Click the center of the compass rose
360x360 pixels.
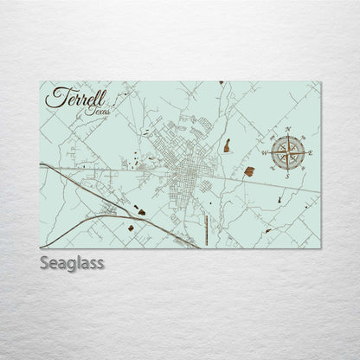286,152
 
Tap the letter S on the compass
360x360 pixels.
286,176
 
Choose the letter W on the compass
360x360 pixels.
263,153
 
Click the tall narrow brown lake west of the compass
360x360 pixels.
226,146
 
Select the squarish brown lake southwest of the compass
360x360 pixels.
249,170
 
